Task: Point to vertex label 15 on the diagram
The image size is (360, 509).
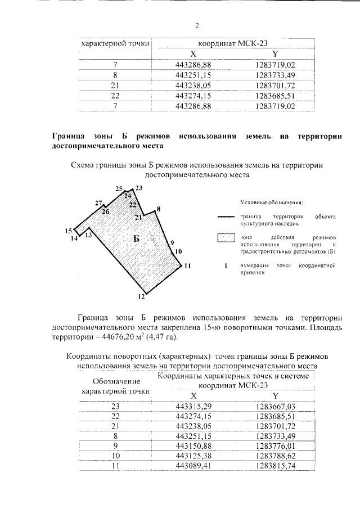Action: [68, 231]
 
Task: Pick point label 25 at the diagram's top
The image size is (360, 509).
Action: [119, 188]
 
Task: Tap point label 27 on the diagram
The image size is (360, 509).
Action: [98, 203]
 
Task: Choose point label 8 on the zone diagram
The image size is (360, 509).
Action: [159, 209]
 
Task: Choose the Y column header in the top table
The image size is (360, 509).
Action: [274, 54]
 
